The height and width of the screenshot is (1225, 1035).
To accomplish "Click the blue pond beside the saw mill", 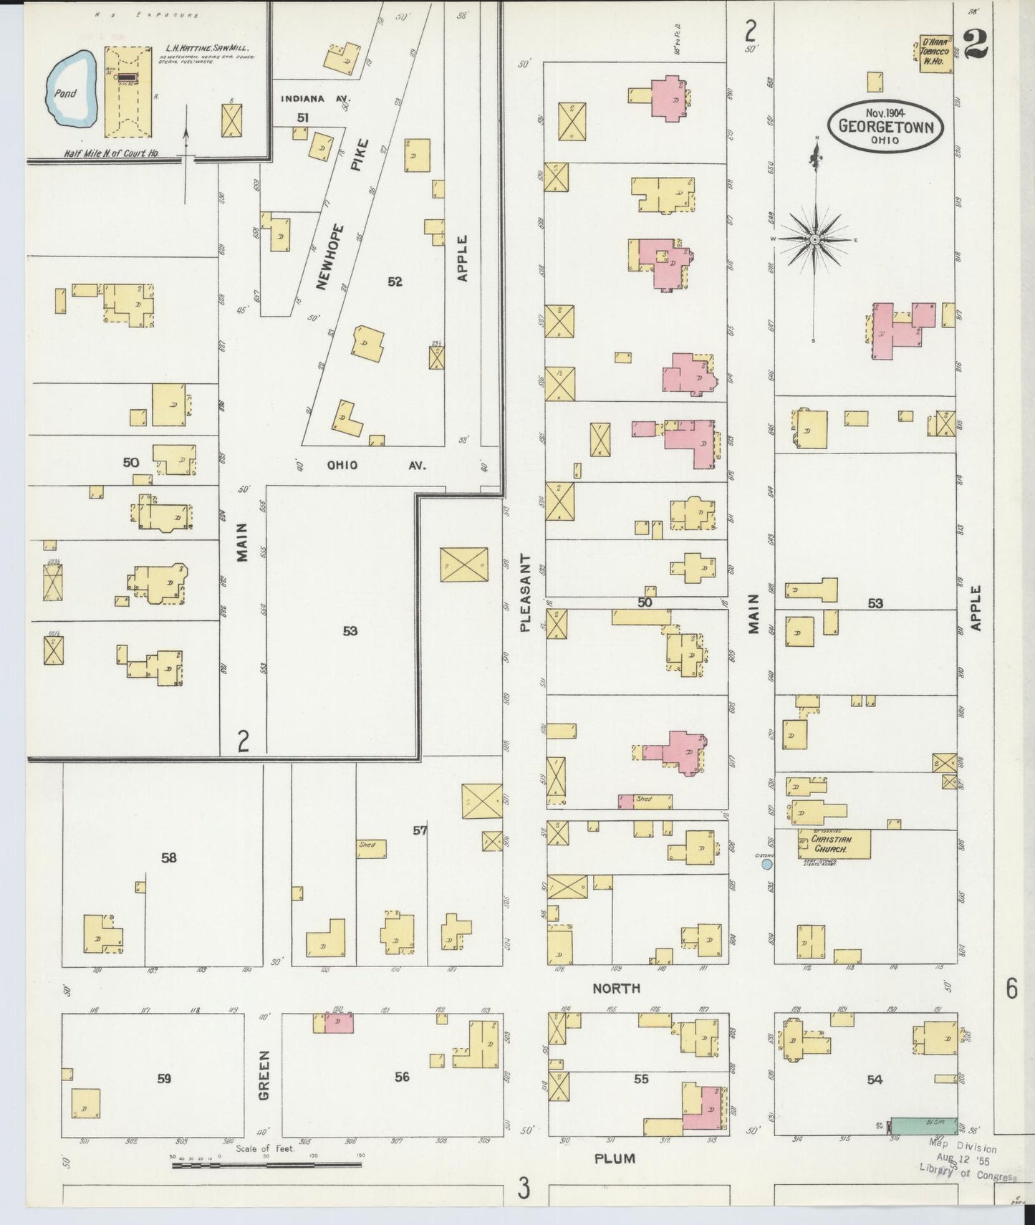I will pyautogui.click(x=70, y=92).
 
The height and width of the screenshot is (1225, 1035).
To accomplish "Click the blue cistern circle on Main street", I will pyautogui.click(x=766, y=865).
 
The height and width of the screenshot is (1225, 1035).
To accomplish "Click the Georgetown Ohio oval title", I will pyautogui.click(x=885, y=126).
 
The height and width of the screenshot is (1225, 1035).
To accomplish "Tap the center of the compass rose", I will pyautogui.click(x=814, y=239).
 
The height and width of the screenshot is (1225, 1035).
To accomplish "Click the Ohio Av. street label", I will pyautogui.click(x=375, y=465).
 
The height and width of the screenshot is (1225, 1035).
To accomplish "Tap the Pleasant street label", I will pyautogui.click(x=525, y=592).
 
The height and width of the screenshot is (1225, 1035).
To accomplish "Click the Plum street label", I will pyautogui.click(x=615, y=1158).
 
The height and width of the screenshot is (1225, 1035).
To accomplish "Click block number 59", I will pyautogui.click(x=164, y=1078).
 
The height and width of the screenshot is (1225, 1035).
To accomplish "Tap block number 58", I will pyautogui.click(x=168, y=857).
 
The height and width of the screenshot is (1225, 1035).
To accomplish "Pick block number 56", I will pyautogui.click(x=402, y=1077).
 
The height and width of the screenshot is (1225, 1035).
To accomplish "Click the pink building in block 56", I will pyautogui.click(x=339, y=1023).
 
